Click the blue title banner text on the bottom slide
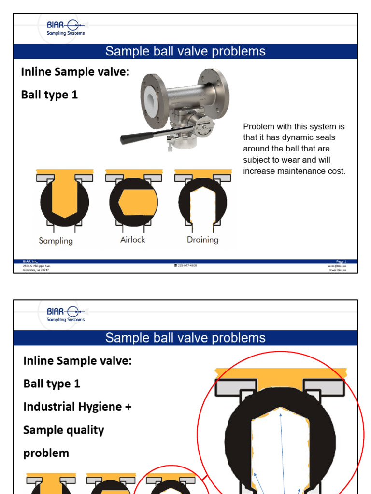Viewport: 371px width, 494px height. click(185, 338)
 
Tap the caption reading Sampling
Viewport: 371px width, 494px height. click(56, 240)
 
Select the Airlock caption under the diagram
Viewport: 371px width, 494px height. click(132, 239)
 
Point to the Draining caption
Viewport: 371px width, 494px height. click(202, 240)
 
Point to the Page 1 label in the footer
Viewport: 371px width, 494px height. click(341, 261)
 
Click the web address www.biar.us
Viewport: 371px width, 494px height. click(338, 270)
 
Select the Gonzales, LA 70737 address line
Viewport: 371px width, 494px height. click(36, 270)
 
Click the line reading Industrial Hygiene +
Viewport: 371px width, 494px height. click(77, 407)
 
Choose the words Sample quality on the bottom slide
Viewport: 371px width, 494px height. click(64, 430)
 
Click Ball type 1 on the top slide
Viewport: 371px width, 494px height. click(49, 95)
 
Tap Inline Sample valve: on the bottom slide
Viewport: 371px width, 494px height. click(77, 360)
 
